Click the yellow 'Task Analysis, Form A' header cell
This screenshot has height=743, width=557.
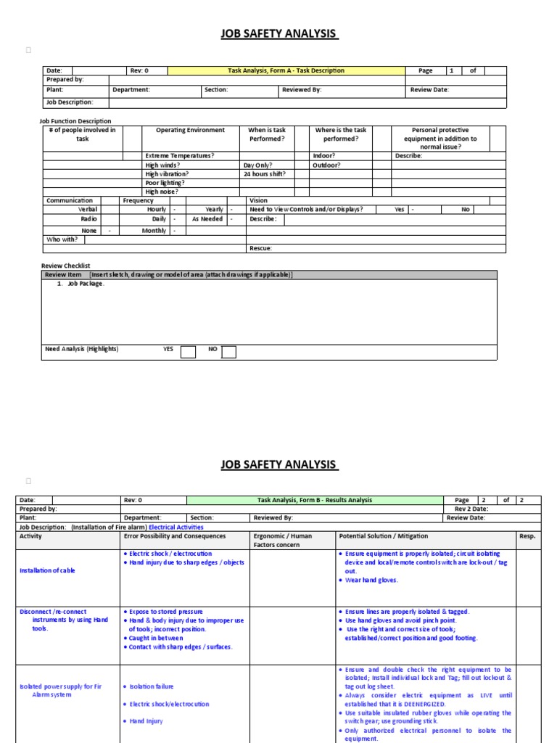pos(286,71)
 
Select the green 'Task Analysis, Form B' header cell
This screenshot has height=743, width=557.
pos(314,500)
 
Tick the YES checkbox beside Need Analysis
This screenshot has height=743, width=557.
pos(188,353)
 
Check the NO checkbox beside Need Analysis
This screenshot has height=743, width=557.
pos(228,353)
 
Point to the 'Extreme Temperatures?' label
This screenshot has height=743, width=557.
pos(180,156)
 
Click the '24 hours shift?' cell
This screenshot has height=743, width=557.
pos(264,174)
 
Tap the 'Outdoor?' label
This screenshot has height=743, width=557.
pos(326,165)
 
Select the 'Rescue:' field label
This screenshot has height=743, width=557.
pos(261,248)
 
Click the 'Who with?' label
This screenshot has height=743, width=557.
pos(62,239)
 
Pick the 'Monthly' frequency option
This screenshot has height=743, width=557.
pos(154,231)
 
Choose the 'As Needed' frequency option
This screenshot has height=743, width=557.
pos(207,218)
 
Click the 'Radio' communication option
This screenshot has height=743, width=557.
pos(88,218)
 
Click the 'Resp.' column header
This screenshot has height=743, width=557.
pos(527,536)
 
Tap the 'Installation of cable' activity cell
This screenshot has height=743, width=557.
pos(47,570)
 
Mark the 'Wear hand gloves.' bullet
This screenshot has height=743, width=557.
pos(371,580)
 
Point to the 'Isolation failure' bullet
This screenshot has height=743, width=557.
pos(151,686)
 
